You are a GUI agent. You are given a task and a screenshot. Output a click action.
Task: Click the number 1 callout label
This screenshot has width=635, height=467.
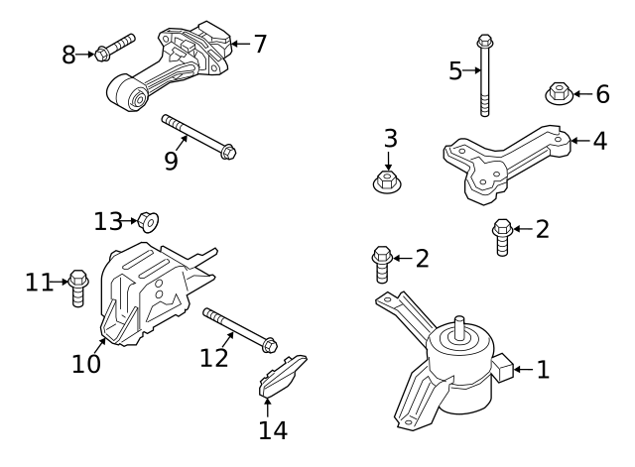tap(543, 370)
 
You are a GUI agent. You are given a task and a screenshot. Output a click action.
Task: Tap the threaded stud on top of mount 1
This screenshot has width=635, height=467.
tap(461, 328)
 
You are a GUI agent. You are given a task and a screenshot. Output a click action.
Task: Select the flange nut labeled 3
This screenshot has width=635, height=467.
tap(387, 181)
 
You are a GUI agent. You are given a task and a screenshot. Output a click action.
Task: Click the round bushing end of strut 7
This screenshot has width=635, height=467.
tap(132, 95)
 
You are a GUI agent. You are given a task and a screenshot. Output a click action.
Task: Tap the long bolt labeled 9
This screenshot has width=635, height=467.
tap(199, 136)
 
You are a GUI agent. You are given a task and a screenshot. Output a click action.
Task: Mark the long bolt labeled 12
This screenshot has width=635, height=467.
tap(239, 329)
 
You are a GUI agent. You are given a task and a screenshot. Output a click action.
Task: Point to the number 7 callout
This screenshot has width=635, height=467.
tap(260, 44)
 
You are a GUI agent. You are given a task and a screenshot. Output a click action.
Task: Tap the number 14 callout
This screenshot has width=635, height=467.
tap(272, 430)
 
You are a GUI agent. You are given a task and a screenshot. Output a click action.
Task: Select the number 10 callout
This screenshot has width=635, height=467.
tap(86, 364)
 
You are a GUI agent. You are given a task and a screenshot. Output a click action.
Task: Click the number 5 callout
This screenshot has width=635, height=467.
tap(455, 70)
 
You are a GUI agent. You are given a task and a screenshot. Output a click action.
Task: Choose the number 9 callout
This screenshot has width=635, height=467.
tap(171, 161)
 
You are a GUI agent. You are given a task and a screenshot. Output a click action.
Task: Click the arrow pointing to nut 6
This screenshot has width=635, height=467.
tap(578, 94)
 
